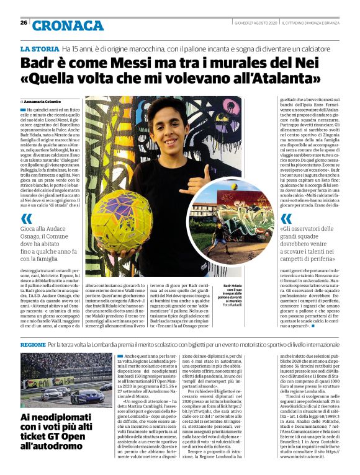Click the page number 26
click(23, 23)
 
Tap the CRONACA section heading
click(68, 25)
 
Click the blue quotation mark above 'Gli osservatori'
click(286, 219)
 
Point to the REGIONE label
click(33, 344)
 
